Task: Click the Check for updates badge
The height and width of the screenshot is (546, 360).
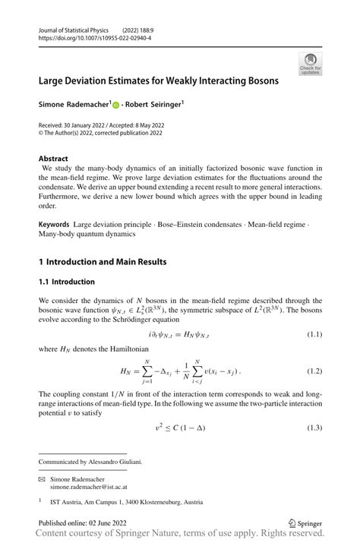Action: click(310, 64)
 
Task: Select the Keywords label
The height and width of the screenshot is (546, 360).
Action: click(54, 224)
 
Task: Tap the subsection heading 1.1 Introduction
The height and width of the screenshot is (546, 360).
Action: click(67, 282)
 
